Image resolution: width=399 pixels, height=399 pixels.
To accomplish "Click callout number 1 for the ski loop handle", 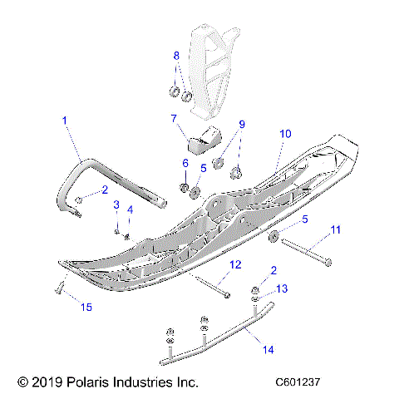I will [x=64, y=121].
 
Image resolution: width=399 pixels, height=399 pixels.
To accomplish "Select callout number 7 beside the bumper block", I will [x=175, y=118].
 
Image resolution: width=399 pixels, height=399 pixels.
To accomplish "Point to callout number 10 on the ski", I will [x=285, y=133].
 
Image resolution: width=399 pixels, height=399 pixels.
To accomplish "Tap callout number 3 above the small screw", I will [x=116, y=204].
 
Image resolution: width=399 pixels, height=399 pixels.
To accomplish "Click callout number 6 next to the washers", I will [x=185, y=164].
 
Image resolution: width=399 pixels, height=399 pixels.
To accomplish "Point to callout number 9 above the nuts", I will [x=242, y=125].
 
